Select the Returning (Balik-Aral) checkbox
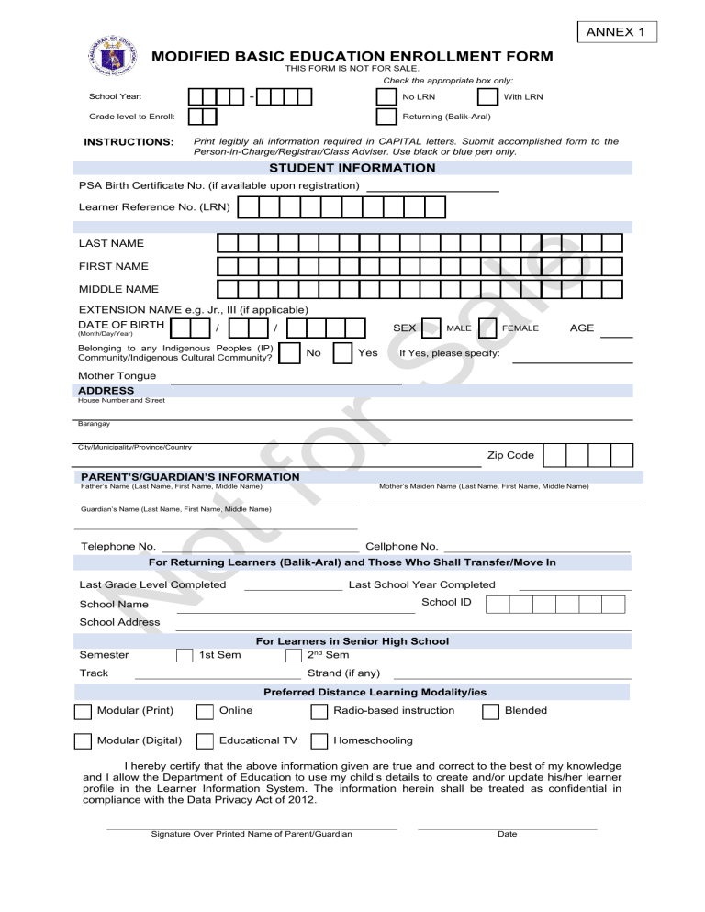(387, 117)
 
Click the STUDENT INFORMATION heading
(352, 168)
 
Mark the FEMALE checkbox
(489, 328)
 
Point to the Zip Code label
(510, 455)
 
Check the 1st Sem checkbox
(184, 655)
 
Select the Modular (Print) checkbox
(83, 711)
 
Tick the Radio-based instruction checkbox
(319, 711)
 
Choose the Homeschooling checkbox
(319, 740)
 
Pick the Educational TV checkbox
(206, 740)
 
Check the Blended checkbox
(490, 711)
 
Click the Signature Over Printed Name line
(252, 828)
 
